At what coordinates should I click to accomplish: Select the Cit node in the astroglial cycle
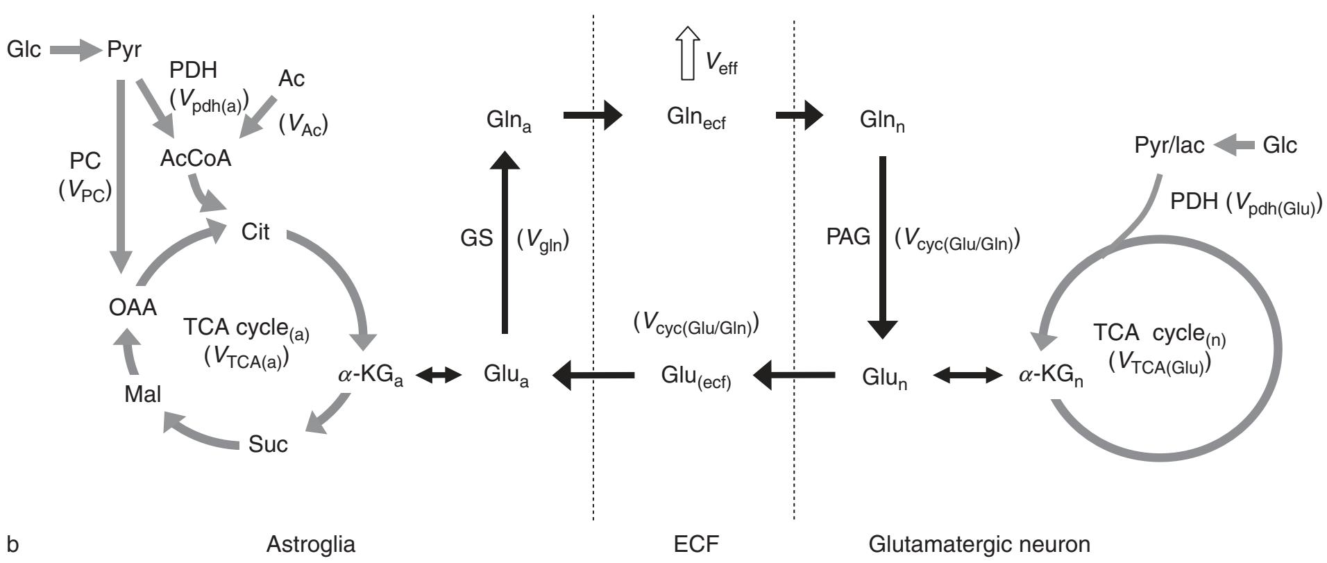click(x=255, y=232)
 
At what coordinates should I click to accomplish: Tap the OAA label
click(x=133, y=307)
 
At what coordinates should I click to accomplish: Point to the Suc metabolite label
click(x=268, y=444)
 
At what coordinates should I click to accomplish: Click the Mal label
click(x=143, y=394)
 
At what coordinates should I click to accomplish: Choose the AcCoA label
click(x=196, y=158)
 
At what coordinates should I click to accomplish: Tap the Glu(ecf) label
click(x=696, y=378)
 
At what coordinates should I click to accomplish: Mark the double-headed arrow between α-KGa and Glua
click(x=443, y=376)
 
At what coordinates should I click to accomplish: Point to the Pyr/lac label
click(x=1169, y=146)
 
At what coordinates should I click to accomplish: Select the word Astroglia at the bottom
click(x=310, y=544)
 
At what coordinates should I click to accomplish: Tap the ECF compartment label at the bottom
click(x=696, y=544)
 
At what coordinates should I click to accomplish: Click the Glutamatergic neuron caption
click(x=979, y=544)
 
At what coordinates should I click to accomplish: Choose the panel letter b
click(x=12, y=543)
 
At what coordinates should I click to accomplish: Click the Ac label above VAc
click(x=291, y=79)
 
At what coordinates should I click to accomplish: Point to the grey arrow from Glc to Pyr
click(x=75, y=50)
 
